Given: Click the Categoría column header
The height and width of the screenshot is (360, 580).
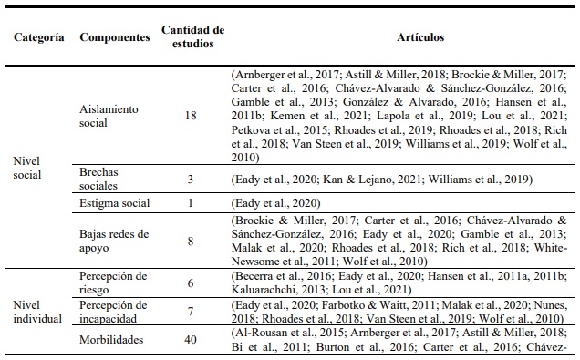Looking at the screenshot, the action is coord(39,40).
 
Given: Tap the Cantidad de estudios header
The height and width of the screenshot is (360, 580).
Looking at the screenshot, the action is coord(192,39).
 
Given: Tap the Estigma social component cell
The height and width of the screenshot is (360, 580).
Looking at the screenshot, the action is coord(116,203).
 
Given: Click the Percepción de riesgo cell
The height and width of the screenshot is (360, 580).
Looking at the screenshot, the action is coord(114,283).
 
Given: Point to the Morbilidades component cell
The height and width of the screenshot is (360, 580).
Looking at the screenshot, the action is coord(114,339).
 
